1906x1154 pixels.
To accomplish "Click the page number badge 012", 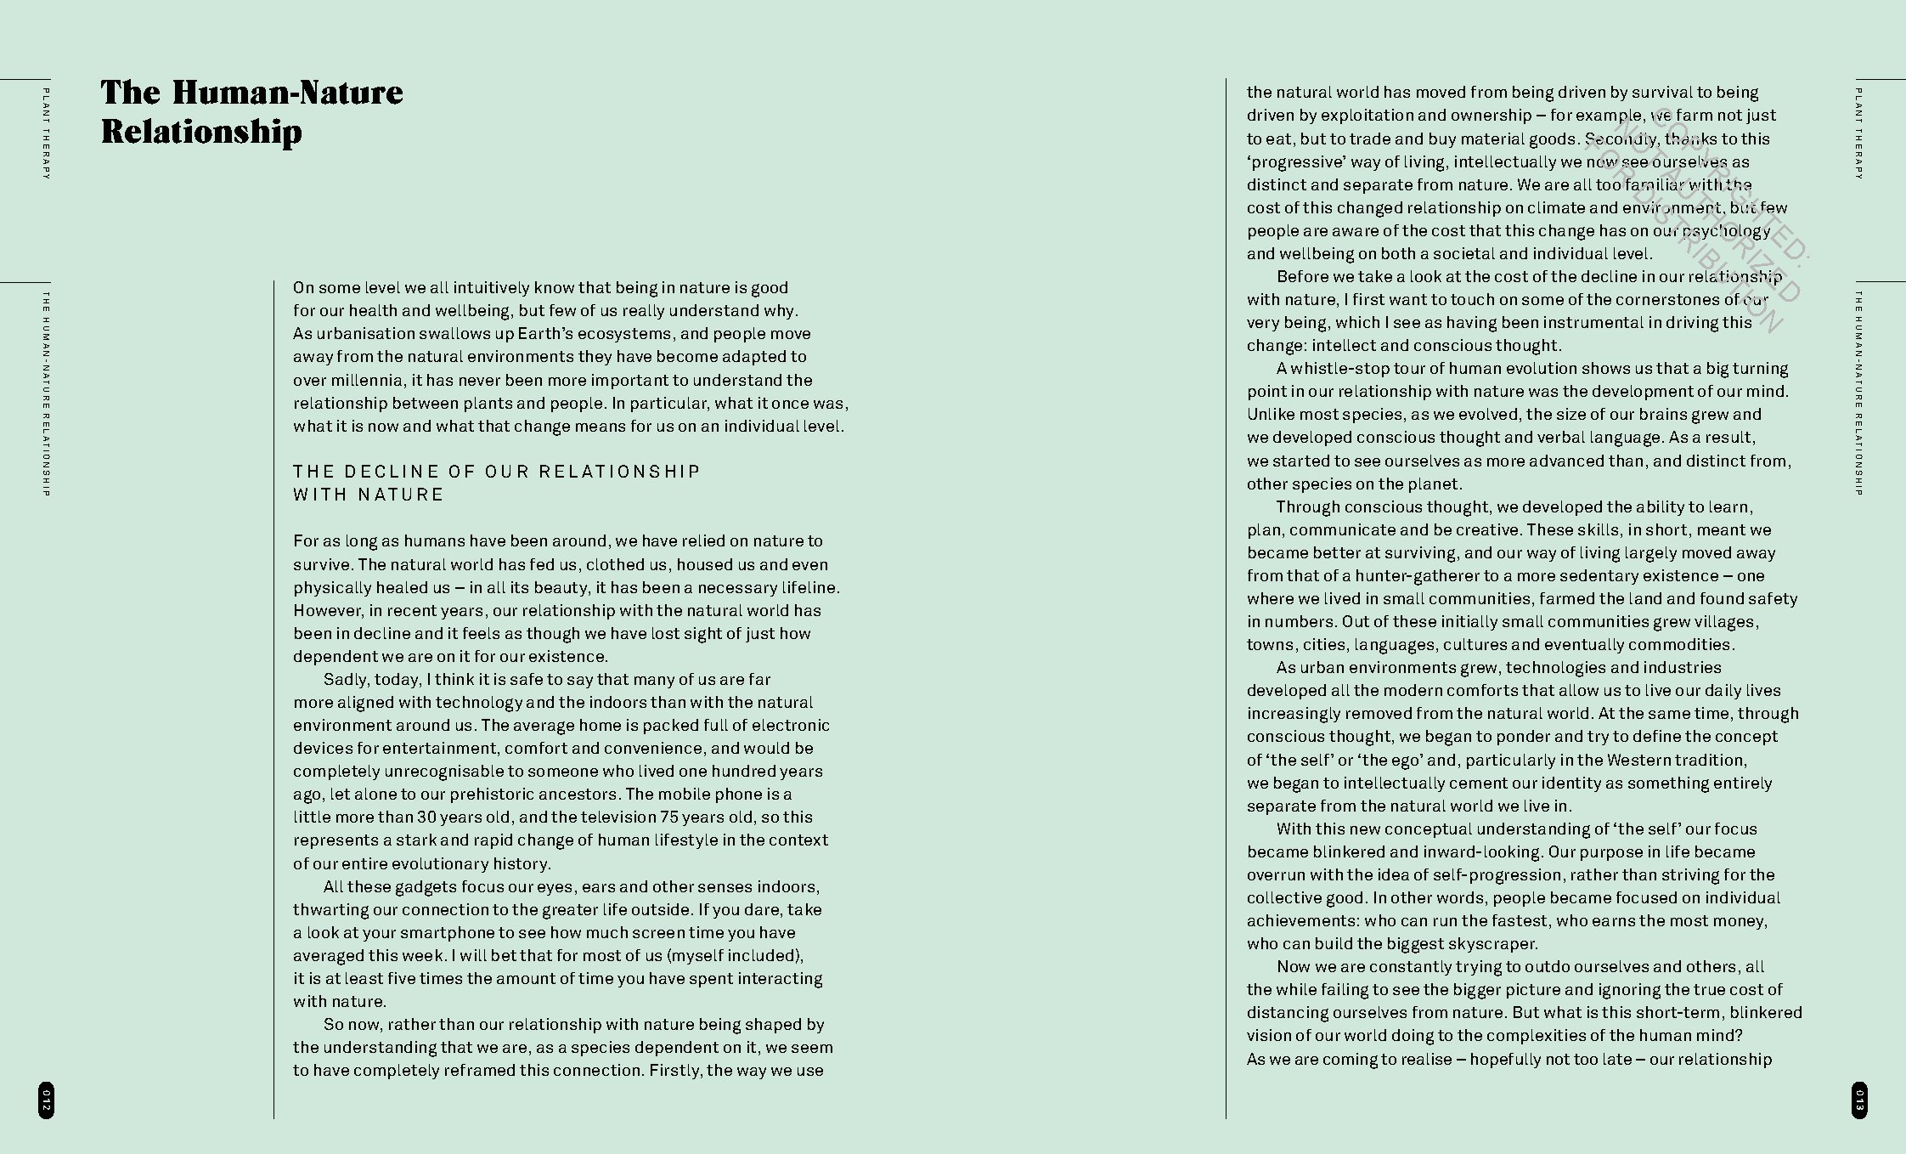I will click(x=46, y=1100).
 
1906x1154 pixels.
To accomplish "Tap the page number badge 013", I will click(x=1859, y=1100).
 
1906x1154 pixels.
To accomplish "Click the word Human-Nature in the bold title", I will click(x=288, y=93).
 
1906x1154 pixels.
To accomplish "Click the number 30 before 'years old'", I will click(x=426, y=817).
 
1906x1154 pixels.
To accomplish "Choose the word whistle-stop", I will click(x=1343, y=369).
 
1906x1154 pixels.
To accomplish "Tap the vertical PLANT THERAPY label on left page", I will click(x=46, y=133).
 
